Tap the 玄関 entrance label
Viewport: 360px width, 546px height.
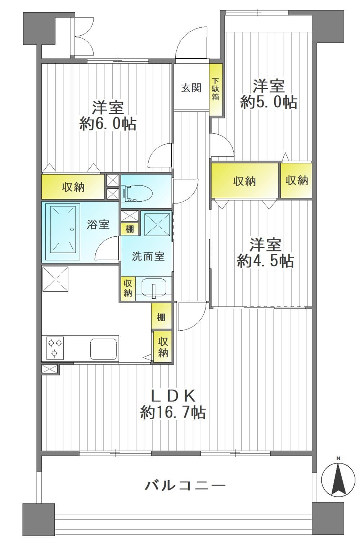tap(191, 88)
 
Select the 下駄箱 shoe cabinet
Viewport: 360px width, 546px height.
tap(216, 89)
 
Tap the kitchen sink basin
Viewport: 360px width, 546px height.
tap(103, 349)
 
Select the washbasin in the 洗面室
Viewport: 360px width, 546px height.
tap(154, 289)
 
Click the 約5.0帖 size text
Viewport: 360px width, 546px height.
tap(269, 102)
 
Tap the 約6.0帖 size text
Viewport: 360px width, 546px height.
tap(108, 124)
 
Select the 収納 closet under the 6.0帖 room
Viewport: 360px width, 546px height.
tap(73, 187)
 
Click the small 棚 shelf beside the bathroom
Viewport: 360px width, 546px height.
tap(130, 229)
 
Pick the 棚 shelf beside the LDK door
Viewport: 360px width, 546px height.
tap(161, 316)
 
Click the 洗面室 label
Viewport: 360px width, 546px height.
tap(148, 256)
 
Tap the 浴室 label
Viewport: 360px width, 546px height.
tap(98, 224)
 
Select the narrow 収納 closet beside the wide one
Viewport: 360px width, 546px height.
tap(296, 180)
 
